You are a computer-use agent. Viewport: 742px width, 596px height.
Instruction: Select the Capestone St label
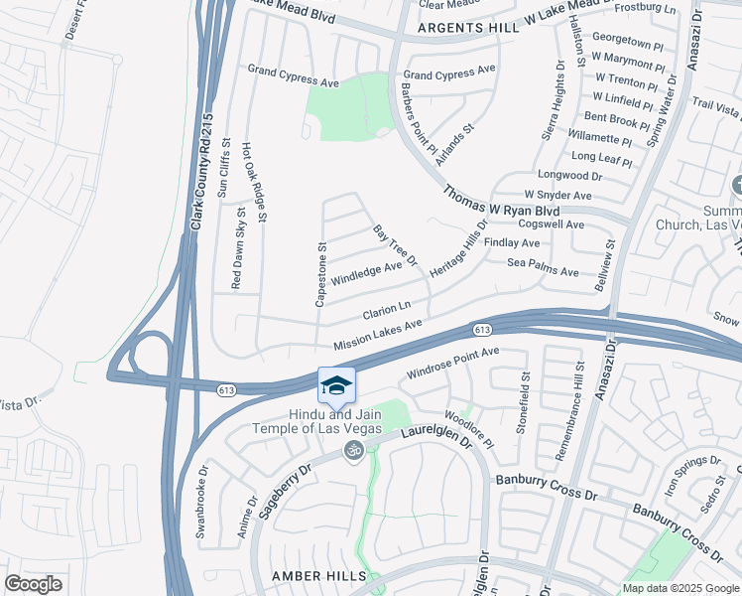click(320, 273)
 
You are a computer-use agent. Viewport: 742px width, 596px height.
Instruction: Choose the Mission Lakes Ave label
click(378, 334)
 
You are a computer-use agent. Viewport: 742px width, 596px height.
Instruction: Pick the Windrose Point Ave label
click(452, 365)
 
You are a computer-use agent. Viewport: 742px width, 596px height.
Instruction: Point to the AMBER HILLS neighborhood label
click(320, 576)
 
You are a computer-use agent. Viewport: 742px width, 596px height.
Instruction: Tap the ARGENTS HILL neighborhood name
click(468, 29)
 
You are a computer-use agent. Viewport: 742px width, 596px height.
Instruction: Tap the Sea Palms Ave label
click(543, 271)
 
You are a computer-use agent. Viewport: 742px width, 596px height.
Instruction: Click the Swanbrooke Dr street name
click(201, 503)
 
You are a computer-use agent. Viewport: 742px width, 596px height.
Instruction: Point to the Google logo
click(33, 584)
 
